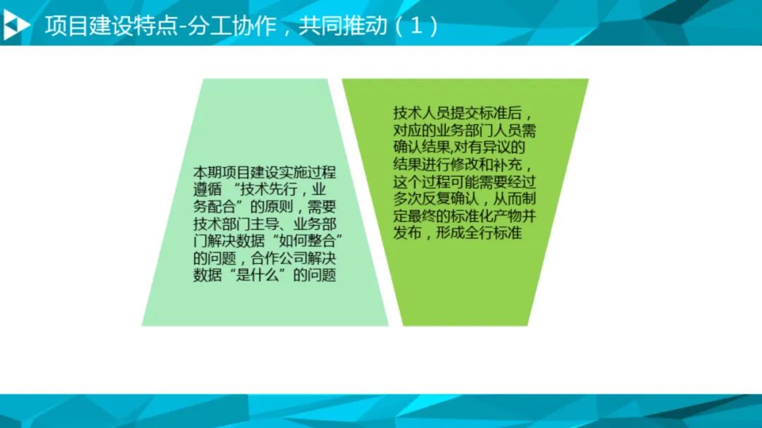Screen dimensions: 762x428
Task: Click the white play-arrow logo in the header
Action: (16, 25)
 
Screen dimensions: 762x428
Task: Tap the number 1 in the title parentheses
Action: (416, 25)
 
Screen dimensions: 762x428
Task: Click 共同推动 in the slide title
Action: (343, 25)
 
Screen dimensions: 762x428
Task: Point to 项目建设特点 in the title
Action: (111, 25)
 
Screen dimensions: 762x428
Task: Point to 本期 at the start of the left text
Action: (207, 173)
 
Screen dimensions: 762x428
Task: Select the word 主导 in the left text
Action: (265, 224)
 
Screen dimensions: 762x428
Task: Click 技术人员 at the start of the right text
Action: (422, 114)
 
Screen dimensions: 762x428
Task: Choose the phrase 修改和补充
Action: (486, 164)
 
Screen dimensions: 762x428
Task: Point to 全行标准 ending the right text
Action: (493, 233)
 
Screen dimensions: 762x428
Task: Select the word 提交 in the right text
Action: (464, 114)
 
